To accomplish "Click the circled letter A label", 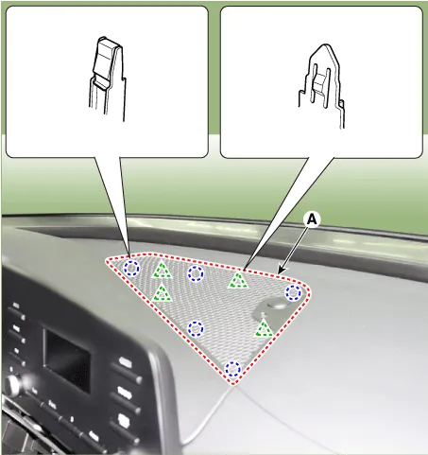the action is coord(312,219).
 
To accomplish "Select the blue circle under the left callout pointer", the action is coord(131,269).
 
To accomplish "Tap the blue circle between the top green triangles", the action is coord(196,273).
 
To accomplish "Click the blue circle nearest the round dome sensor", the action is coord(293,292).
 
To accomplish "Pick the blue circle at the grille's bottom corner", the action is coord(233,369).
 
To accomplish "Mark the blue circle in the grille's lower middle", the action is coord(196,329).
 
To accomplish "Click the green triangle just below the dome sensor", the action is coord(264,328).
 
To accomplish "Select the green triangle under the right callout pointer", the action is coord(238,280).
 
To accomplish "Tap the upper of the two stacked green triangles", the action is coord(162,271).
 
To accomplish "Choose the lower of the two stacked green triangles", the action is coord(162,292).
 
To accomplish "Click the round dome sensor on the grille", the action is coord(277,304).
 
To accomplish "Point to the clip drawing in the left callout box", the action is coord(107,79).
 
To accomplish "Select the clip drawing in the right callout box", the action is coord(321,85).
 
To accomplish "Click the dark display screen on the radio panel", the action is coord(66,356).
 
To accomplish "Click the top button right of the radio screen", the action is coord(126,362).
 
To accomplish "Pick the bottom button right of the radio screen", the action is coord(125,421).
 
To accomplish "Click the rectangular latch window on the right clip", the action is coord(318,83).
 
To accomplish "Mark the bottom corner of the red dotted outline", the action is coord(233,383).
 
